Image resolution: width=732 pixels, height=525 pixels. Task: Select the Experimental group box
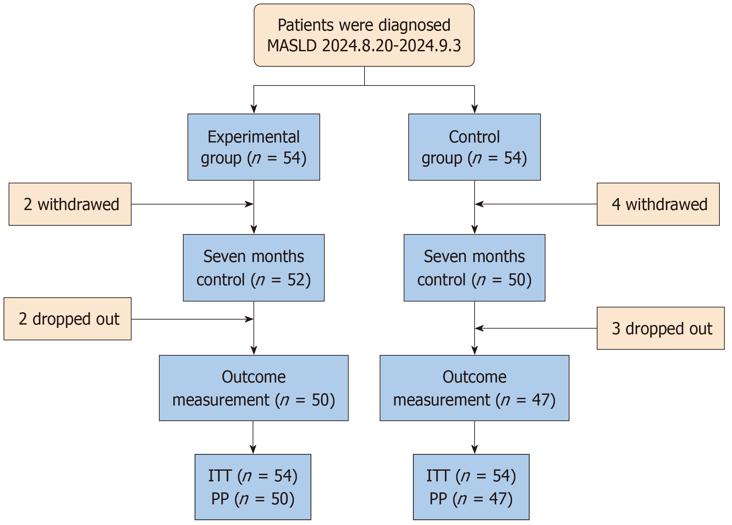(254, 147)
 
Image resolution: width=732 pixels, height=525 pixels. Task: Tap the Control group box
(474, 147)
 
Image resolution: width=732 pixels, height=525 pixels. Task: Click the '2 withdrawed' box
(70, 204)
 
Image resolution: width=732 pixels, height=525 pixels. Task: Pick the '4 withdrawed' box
(658, 204)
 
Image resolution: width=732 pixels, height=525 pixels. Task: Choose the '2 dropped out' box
(68, 319)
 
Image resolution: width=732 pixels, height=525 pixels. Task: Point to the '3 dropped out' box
(660, 328)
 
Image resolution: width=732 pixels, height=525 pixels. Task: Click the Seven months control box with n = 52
(254, 268)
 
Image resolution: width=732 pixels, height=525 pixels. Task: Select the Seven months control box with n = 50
(474, 268)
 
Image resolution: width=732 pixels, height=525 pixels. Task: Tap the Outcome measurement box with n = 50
(254, 388)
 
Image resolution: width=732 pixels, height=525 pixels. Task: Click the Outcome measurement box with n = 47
(474, 388)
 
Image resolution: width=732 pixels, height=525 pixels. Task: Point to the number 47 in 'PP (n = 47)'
(498, 499)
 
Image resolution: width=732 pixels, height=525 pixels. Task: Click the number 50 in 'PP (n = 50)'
(280, 499)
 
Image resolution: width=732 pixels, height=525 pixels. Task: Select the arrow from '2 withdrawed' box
(193, 204)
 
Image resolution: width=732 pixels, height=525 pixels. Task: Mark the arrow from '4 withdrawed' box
(536, 204)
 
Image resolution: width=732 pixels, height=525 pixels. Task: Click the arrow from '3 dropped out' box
(536, 328)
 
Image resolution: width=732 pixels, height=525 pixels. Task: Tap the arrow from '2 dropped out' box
(193, 319)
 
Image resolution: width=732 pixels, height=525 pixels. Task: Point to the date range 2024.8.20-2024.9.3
(391, 46)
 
